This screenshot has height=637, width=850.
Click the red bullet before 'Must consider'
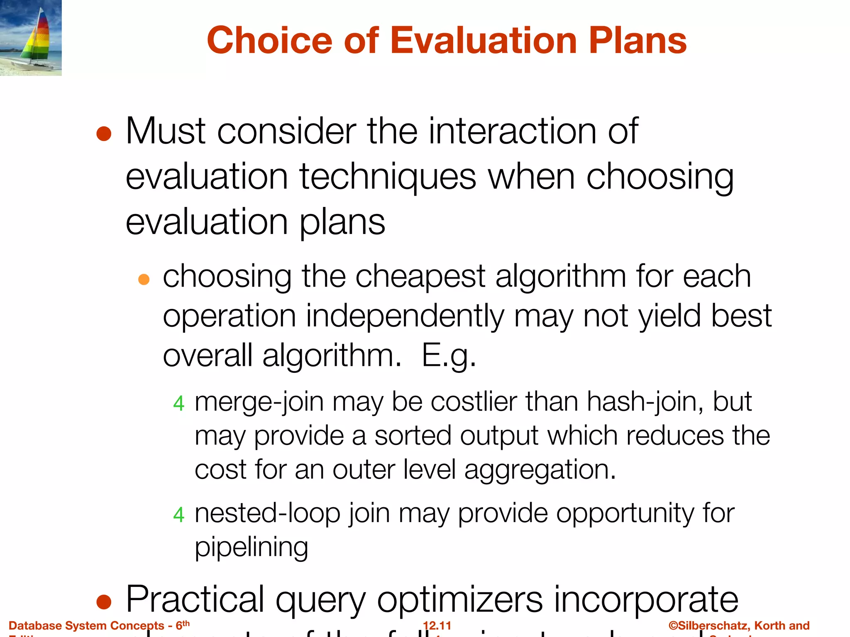(x=104, y=134)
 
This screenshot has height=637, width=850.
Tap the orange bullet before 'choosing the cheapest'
(x=144, y=279)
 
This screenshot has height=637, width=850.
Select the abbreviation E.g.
(x=448, y=356)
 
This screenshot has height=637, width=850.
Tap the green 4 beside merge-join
(x=178, y=403)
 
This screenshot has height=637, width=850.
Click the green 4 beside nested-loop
(x=178, y=515)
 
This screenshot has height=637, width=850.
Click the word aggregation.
(x=540, y=470)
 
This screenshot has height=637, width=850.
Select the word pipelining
(x=252, y=547)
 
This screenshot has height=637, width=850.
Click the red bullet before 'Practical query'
(x=104, y=602)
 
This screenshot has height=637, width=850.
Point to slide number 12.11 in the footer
(x=437, y=625)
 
